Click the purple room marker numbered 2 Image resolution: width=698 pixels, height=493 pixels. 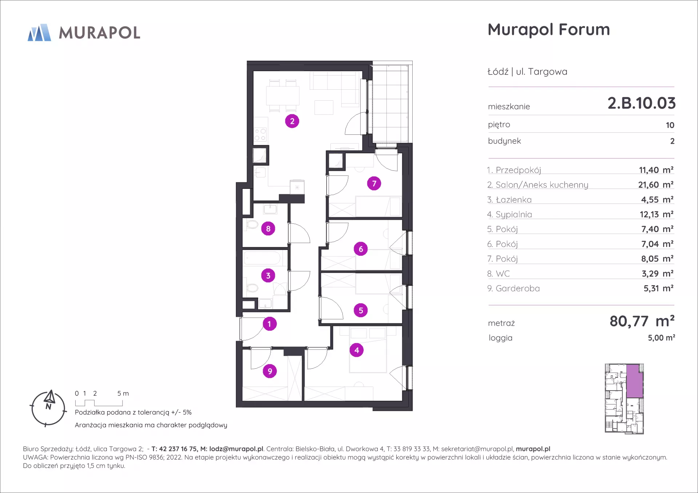292,121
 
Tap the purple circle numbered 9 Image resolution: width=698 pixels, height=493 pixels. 270,371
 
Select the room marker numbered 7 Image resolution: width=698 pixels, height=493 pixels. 374,183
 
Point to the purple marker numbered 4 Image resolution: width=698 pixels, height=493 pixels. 357,350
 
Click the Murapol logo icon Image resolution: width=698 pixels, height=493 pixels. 39,32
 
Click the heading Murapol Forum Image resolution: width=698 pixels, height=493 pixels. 549,30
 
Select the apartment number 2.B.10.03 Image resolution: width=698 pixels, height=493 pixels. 641,103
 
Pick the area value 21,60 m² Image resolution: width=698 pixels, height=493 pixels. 656,185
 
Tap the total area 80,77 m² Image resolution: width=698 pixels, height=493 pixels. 642,321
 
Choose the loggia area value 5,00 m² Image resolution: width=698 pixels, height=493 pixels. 661,338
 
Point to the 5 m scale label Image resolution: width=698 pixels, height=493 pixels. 123,393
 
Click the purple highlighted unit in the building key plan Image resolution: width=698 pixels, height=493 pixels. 634,381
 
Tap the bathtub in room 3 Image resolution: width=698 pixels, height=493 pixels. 262,259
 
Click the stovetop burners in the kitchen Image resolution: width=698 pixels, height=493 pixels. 260,134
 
